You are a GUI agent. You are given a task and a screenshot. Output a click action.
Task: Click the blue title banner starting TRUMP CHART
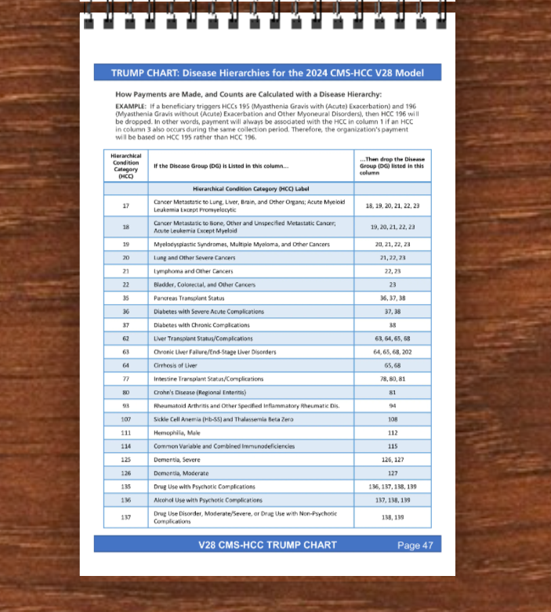(267, 73)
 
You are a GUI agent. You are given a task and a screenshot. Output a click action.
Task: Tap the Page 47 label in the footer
(415, 545)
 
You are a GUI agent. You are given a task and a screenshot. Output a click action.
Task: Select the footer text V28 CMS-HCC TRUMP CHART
(267, 545)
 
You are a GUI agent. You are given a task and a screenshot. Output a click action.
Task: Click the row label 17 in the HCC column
(125, 205)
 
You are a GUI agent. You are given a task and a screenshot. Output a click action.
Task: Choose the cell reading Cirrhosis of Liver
(176, 365)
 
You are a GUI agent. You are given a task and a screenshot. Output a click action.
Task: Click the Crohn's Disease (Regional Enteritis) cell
(200, 392)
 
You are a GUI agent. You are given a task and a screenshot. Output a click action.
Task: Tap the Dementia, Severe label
(176, 459)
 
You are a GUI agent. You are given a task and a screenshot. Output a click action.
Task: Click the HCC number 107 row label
(125, 419)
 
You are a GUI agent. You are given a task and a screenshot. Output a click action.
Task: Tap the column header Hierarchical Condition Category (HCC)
(125, 165)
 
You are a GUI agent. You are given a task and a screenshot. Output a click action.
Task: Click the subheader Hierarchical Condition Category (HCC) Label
(250, 189)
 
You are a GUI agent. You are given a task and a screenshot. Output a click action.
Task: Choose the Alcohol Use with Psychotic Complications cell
(208, 499)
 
